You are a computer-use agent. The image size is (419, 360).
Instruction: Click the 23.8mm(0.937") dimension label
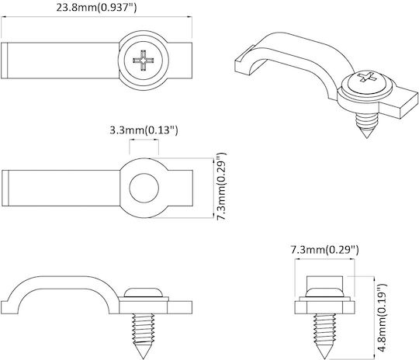96,8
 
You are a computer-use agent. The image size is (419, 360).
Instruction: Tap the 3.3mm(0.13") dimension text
144,130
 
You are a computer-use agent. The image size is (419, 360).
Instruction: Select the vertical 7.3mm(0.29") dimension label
222,186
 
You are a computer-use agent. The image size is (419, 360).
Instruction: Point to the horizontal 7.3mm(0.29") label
324,250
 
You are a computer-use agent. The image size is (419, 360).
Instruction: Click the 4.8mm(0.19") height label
381,317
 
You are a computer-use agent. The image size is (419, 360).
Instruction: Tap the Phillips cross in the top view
144,61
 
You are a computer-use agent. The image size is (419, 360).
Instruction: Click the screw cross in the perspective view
366,77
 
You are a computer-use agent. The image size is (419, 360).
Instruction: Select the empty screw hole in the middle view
144,188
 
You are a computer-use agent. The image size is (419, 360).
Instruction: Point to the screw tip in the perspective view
367,134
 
